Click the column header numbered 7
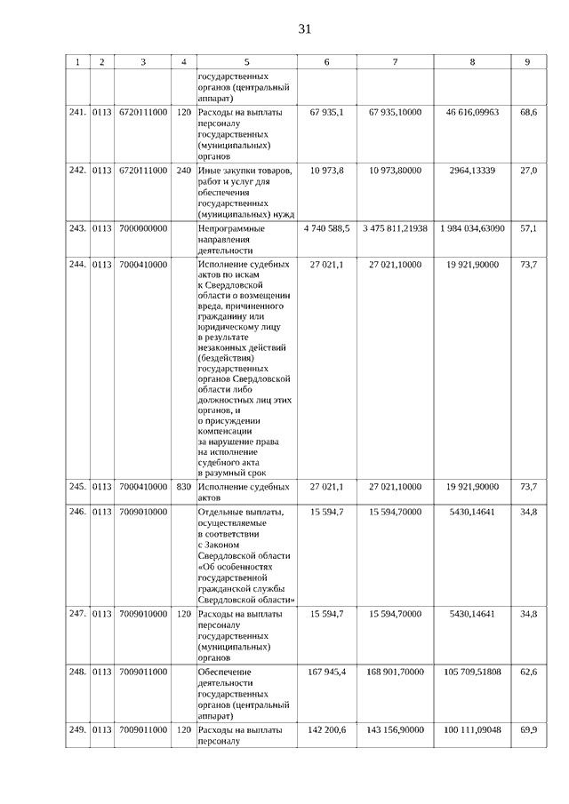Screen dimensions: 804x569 click(395, 62)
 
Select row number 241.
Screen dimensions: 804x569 click(77, 113)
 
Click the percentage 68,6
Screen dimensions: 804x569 click(528, 113)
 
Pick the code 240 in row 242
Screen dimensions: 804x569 click(184, 170)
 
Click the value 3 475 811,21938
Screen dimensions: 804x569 click(395, 228)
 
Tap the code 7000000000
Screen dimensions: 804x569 click(143, 228)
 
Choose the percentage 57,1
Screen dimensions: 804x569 click(528, 228)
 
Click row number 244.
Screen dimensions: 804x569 click(77, 265)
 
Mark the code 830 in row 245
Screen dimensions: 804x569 click(184, 487)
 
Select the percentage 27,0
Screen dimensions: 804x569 click(528, 170)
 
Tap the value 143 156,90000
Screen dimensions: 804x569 click(395, 729)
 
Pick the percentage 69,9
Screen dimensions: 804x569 click(528, 729)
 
